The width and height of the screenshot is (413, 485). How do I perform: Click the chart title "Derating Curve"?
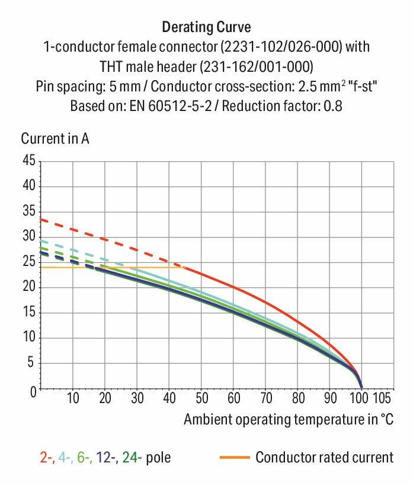coord(206,27)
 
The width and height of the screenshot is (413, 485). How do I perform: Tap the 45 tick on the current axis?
coord(28,161)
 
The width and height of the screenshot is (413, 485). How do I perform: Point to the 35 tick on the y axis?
coord(28,212)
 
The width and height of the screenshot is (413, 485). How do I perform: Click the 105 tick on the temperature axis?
coord(381,398)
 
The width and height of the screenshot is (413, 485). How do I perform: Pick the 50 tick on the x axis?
coord(201,398)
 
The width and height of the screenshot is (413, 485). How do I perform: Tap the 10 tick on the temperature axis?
coord(73,398)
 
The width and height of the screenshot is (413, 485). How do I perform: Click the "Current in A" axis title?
coord(55,139)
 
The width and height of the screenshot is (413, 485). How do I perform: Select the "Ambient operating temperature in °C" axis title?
coord(288,419)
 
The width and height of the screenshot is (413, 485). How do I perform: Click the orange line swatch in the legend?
coord(235,458)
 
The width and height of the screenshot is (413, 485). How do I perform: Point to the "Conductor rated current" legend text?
coord(324,458)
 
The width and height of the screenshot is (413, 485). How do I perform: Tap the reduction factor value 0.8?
coord(334,107)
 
